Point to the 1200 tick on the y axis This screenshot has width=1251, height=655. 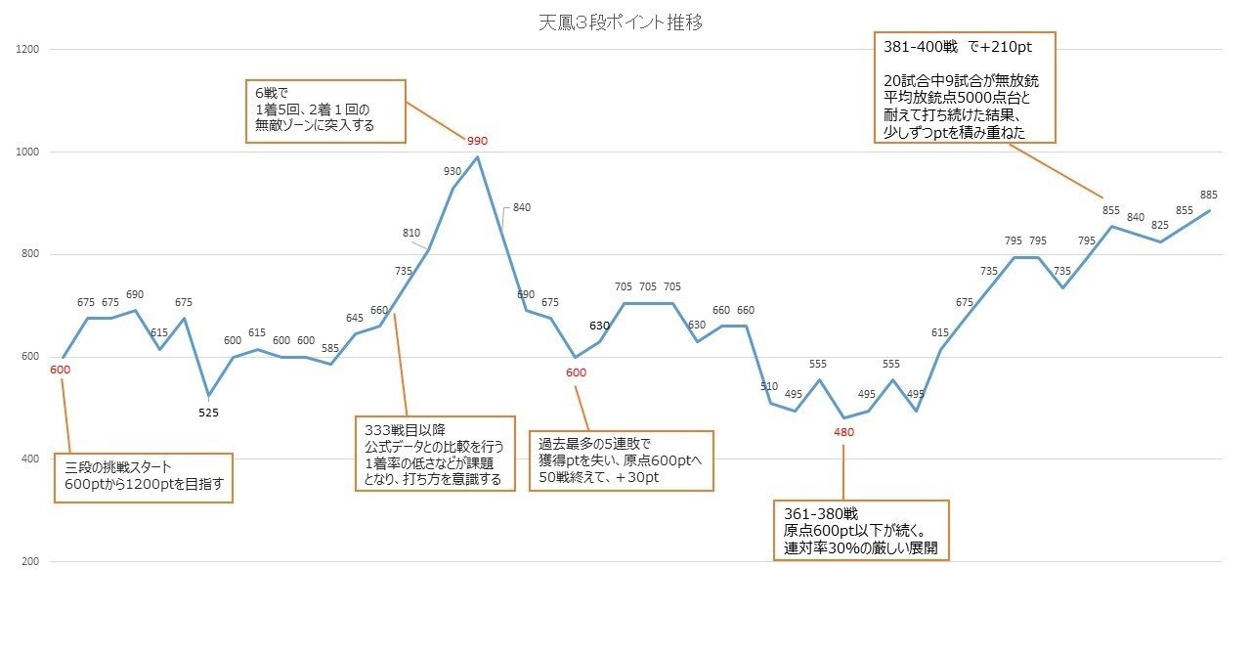point(28,49)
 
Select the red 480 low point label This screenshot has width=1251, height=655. point(845,432)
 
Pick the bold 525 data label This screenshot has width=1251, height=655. point(208,413)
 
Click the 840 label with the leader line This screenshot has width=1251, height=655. point(521,207)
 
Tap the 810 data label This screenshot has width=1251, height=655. point(411,233)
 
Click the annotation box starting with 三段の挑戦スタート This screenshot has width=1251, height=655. point(144,477)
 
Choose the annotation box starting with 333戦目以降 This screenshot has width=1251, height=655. point(435,454)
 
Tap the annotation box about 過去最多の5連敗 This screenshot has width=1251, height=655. point(621,460)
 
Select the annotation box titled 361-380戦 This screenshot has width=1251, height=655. point(861,531)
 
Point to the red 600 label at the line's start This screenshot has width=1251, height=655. point(61,370)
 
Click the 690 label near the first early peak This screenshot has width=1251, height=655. point(135,294)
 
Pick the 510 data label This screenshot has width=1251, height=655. point(769,386)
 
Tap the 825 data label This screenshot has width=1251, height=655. point(1160,225)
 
